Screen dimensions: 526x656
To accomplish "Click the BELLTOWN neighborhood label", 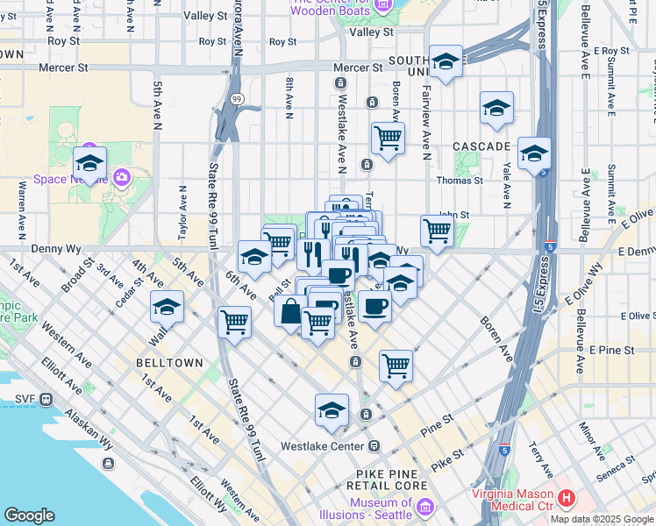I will click(169, 363).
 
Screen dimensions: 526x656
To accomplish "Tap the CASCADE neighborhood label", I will click(481, 146).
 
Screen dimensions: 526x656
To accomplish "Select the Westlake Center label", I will click(321, 445).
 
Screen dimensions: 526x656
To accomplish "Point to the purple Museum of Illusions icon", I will click(424, 507).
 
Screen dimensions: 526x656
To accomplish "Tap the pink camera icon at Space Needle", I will click(121, 178).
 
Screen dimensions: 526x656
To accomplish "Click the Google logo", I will click(29, 515).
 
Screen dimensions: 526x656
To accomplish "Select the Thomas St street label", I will click(460, 181).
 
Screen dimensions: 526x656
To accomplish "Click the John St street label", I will click(453, 214).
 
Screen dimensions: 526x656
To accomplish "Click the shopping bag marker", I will click(290, 310).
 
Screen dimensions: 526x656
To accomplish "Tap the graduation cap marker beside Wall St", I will click(167, 308).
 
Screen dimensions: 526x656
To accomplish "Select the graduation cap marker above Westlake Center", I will click(332, 410).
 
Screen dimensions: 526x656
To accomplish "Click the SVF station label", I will click(25, 400).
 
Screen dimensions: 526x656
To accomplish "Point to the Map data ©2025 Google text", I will click(602, 519).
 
